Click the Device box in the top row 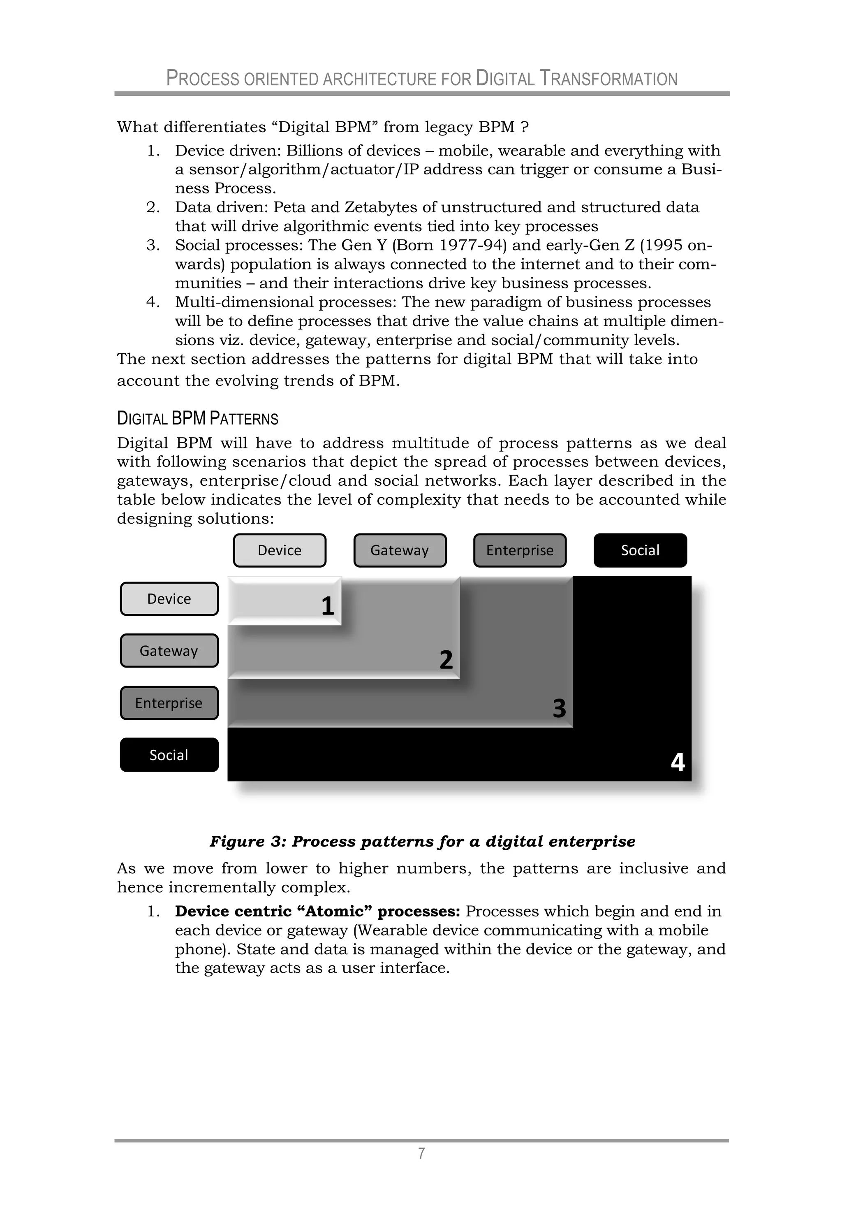280,550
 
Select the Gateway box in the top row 400,550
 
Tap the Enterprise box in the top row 520,550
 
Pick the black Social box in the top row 640,550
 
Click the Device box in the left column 169,598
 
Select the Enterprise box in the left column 169,703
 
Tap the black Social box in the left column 169,755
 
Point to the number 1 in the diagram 328,606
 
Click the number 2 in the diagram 446,660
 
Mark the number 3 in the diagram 559,708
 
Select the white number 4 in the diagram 678,762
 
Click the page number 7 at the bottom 421,1153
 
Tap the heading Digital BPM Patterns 197,418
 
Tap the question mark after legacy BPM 525,127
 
